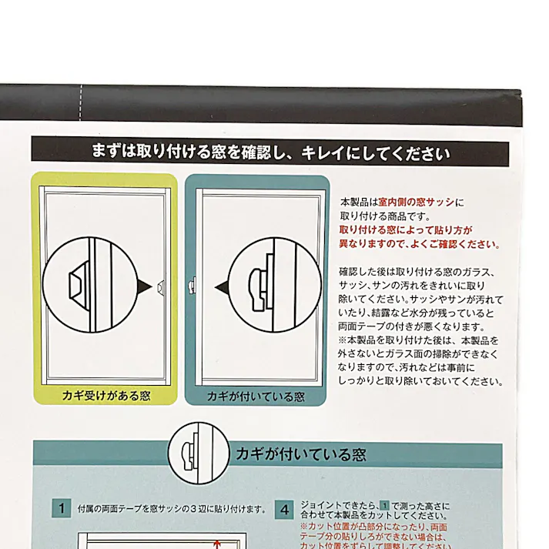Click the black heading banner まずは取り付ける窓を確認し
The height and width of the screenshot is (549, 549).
(x=269, y=152)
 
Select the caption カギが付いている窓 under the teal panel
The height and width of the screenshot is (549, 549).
(x=256, y=397)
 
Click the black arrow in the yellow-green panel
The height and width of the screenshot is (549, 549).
(x=143, y=286)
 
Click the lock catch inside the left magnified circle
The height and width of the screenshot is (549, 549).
(x=79, y=286)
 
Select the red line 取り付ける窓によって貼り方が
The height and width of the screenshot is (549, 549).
(x=406, y=230)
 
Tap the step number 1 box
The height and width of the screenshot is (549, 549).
(x=61, y=508)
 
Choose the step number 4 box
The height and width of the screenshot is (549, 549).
(x=286, y=509)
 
